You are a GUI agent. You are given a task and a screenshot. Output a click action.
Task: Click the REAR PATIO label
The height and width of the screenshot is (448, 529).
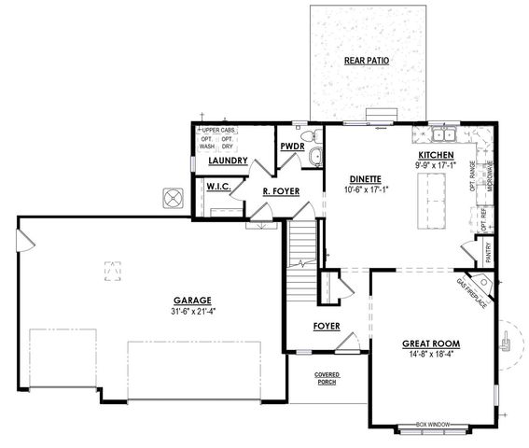click(366, 61)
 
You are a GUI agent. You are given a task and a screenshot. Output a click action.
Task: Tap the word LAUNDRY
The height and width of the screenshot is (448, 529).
click(228, 161)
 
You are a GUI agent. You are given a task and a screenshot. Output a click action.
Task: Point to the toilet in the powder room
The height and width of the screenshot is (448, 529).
click(314, 155)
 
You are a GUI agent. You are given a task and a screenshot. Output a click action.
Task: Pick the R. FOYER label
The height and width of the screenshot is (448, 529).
click(278, 192)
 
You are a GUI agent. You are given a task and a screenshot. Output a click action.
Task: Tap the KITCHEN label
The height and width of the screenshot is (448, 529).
click(436, 155)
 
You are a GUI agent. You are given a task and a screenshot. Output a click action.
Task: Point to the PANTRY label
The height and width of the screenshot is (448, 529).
click(490, 252)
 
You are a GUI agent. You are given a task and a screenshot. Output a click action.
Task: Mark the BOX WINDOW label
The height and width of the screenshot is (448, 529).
click(433, 425)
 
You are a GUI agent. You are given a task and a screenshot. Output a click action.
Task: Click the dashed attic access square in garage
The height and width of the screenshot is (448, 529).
click(113, 270)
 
